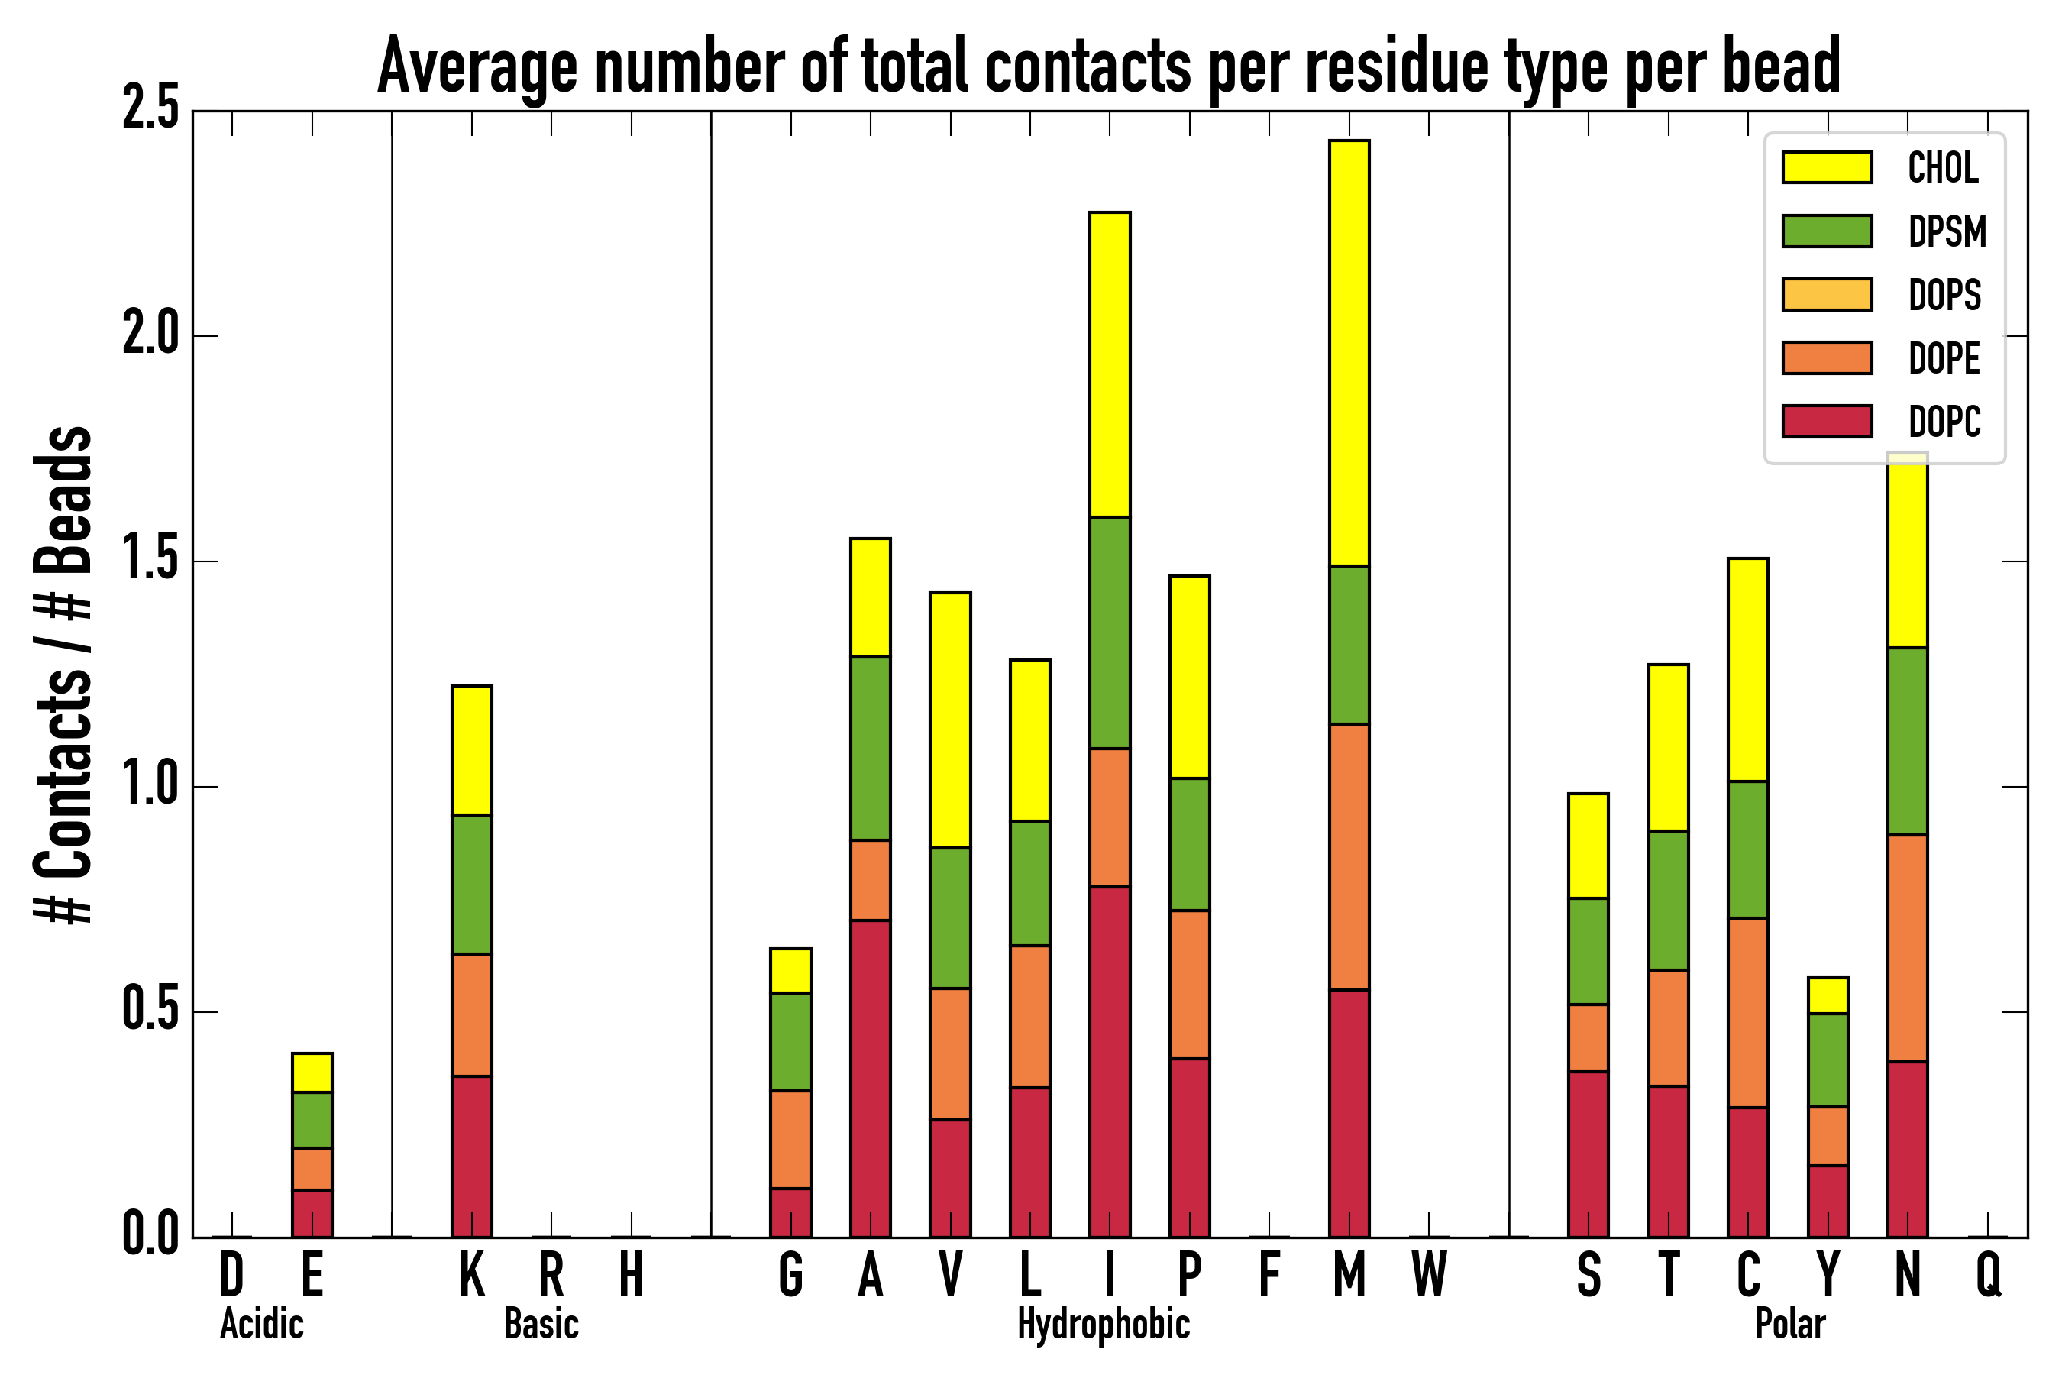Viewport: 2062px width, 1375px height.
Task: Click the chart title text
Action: (1108, 66)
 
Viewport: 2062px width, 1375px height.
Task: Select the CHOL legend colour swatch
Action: (1827, 167)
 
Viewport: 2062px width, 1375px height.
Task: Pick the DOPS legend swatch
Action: (1827, 295)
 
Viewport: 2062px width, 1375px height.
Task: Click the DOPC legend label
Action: (1944, 422)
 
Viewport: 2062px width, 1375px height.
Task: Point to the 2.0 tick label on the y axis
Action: (150, 335)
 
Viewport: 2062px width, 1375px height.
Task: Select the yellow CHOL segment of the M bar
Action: (1349, 352)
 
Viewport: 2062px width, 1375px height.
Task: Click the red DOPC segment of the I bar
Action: (1109, 1061)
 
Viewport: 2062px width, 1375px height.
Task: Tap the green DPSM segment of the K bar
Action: (472, 884)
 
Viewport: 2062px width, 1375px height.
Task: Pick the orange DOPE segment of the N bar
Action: (1907, 948)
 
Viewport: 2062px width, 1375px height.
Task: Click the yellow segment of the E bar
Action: (312, 1072)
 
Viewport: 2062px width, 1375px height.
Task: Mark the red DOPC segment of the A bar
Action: (870, 1078)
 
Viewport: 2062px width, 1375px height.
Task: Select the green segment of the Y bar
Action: (1828, 1060)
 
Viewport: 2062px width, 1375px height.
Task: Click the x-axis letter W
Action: (1429, 1274)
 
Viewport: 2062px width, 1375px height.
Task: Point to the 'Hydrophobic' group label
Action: (1103, 1324)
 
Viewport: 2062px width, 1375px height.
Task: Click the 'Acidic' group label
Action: (261, 1324)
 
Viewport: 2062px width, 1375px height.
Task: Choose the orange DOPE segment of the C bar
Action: (1747, 1013)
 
